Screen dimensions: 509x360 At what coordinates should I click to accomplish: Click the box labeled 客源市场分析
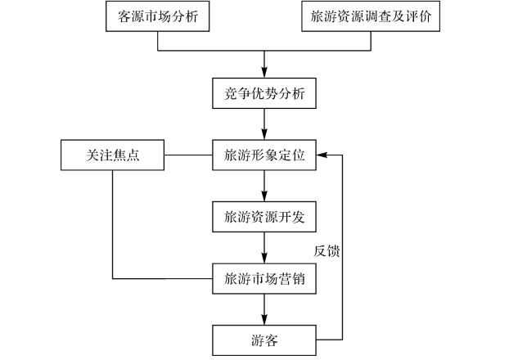click(157, 16)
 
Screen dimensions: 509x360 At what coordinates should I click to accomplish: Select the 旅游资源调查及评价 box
click(371, 16)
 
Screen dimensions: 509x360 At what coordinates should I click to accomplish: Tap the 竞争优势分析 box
click(264, 93)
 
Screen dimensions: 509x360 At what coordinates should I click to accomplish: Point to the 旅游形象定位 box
click(264, 155)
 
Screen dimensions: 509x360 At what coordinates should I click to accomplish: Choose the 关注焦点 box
click(112, 155)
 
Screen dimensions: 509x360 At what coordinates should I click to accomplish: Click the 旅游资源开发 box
click(264, 217)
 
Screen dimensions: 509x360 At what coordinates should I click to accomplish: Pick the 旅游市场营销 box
click(264, 279)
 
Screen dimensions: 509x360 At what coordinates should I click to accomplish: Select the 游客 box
click(264, 340)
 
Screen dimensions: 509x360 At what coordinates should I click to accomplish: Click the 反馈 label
click(327, 251)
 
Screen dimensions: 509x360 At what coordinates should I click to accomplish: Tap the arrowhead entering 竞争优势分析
click(264, 72)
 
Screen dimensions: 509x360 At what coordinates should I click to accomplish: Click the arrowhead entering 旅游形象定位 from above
click(264, 134)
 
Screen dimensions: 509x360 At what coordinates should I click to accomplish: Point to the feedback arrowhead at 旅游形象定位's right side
click(322, 155)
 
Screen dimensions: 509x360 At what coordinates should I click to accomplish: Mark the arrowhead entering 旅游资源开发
click(264, 196)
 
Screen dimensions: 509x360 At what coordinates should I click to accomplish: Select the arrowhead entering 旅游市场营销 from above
click(264, 258)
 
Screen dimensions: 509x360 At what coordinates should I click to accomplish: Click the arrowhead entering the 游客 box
click(264, 320)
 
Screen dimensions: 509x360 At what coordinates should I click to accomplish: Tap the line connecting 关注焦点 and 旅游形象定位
click(188, 155)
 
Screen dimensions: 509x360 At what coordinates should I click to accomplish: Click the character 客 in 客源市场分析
click(124, 16)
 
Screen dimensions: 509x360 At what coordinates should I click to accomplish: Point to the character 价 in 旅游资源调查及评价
click(425, 16)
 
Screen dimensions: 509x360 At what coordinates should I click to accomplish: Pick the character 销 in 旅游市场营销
click(298, 279)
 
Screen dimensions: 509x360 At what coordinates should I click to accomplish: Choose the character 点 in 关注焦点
click(133, 155)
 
